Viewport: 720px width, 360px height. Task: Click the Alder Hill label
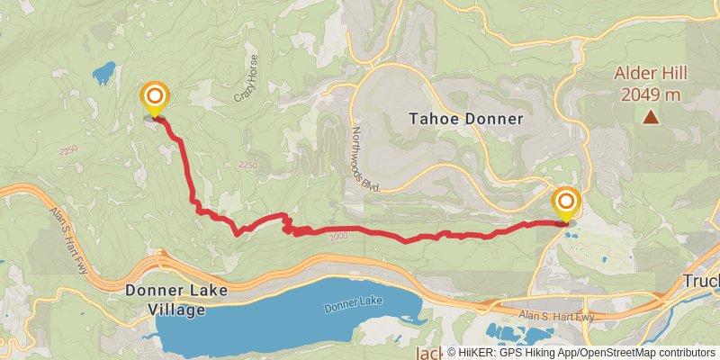[x=647, y=74]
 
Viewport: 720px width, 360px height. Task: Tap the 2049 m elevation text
[x=647, y=94]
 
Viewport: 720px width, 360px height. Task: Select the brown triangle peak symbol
[x=650, y=117]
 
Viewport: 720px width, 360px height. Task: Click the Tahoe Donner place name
[x=465, y=118]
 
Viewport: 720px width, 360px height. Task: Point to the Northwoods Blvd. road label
[x=364, y=157]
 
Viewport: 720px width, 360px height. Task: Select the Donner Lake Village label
[x=176, y=301]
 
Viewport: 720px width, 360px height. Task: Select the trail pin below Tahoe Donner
[x=566, y=202]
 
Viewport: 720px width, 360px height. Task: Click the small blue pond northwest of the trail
[x=103, y=69]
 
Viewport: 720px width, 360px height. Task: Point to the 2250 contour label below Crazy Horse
[x=249, y=165]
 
